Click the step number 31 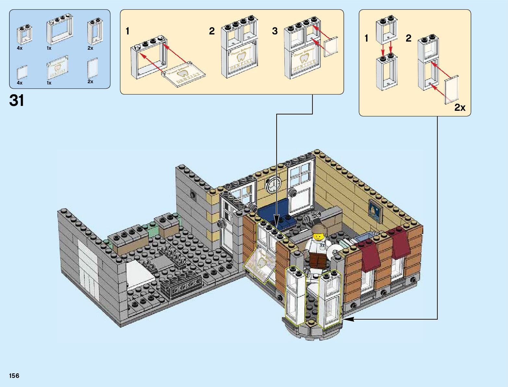pyautogui.click(x=17, y=101)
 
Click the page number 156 pyautogui.click(x=14, y=376)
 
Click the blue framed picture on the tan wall pyautogui.click(x=375, y=209)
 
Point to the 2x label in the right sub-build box pyautogui.click(x=460, y=108)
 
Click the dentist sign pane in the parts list pyautogui.click(x=57, y=68)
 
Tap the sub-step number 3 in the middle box pyautogui.click(x=275, y=31)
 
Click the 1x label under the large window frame pyautogui.click(x=49, y=48)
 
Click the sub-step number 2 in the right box pyautogui.click(x=408, y=38)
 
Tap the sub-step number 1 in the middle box pyautogui.click(x=128, y=31)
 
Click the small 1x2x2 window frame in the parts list pyautogui.click(x=24, y=35)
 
